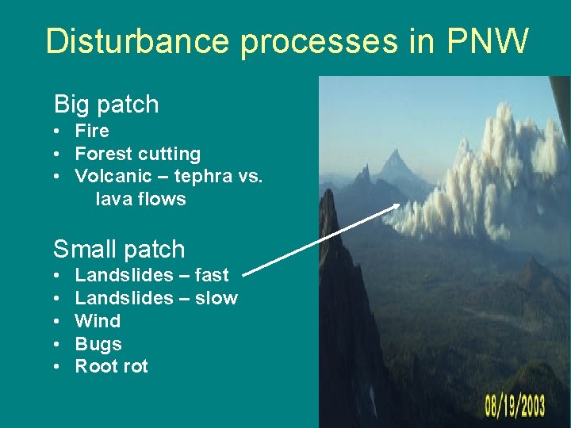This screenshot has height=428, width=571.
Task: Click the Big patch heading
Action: tap(106, 104)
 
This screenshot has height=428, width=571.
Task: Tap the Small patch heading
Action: tap(119, 249)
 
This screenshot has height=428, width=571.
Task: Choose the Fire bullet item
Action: tap(92, 131)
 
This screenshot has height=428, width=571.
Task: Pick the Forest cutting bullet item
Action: tap(138, 154)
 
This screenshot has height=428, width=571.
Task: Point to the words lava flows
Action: tap(140, 199)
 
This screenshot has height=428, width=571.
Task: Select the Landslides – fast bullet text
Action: tap(151, 275)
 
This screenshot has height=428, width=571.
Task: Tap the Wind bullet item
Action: tap(98, 321)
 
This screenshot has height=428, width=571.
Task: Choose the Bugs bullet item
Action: tap(98, 344)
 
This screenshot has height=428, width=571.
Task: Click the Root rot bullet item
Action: tap(111, 366)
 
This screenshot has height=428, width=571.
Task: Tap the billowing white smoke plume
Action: tap(492, 174)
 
